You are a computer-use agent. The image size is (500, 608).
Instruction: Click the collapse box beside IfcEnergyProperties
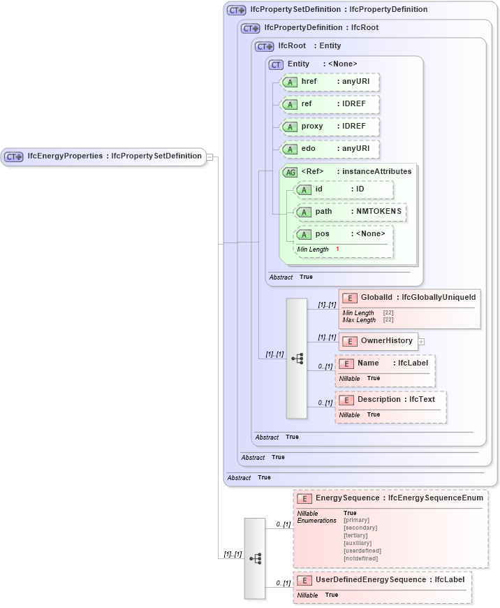pyautogui.click(x=209, y=157)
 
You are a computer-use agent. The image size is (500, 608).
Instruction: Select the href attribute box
pyautogui.click(x=329, y=82)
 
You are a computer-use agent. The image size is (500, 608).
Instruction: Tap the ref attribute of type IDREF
pyautogui.click(x=329, y=104)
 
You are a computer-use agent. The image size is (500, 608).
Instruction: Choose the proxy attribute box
pyautogui.click(x=329, y=127)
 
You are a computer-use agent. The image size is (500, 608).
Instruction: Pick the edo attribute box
pyautogui.click(x=329, y=149)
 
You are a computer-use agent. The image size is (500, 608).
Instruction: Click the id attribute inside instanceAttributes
pyautogui.click(x=343, y=189)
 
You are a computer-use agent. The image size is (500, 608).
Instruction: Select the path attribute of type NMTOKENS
pyautogui.click(x=350, y=212)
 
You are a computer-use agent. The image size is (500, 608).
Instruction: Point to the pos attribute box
pyautogui.click(x=343, y=234)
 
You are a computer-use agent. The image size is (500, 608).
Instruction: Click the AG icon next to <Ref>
pyautogui.click(x=289, y=172)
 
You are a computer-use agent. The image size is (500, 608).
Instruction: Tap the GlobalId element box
pyautogui.click(x=409, y=298)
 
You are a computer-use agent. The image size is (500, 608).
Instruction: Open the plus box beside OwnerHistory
pyautogui.click(x=421, y=342)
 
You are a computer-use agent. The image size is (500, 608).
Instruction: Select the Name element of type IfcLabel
pyautogui.click(x=385, y=363)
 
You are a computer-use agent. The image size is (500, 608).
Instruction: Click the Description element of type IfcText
pyautogui.click(x=391, y=400)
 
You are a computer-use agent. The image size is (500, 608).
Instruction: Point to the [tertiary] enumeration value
pyautogui.click(x=356, y=535)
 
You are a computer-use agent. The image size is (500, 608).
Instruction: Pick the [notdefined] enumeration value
pyautogui.click(x=360, y=558)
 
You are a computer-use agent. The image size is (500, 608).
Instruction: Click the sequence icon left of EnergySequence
pyautogui.click(x=255, y=558)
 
